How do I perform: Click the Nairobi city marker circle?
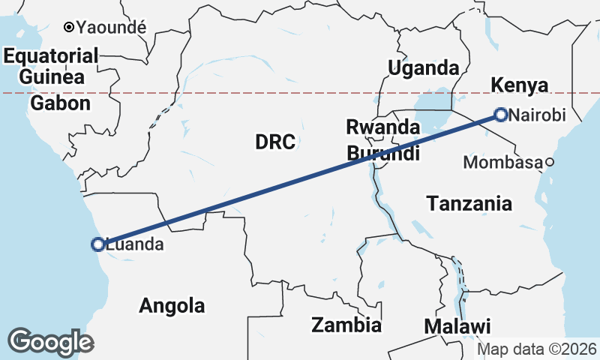pos(501,115)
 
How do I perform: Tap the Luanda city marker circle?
pos(97,244)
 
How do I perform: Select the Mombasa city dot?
pos(550,162)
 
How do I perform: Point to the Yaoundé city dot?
pos(68,27)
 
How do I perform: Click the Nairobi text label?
pos(535,115)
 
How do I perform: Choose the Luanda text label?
pos(135,244)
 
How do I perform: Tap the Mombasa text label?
pos(502,162)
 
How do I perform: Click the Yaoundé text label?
pos(110,27)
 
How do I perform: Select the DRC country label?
pos(275,141)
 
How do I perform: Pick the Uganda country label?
pos(423,67)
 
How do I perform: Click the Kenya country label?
pos(519,85)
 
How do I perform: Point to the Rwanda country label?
pos(382,127)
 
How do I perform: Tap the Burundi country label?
pos(383,154)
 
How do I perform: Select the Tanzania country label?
pos(469,203)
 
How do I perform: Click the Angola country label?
pos(172,306)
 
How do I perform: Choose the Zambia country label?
pos(346,325)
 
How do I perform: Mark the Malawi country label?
pos(457,327)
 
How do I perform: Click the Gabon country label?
pos(61,103)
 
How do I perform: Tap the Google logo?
pos(50,342)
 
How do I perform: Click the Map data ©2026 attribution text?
pos(537,349)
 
